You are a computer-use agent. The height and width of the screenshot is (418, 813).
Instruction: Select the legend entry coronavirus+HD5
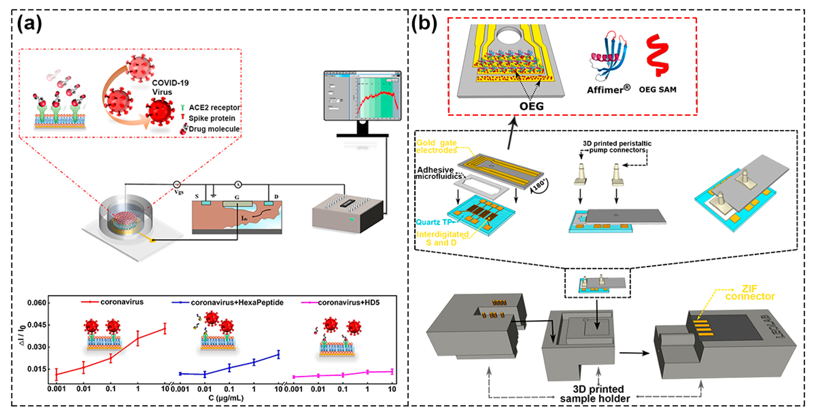(348, 303)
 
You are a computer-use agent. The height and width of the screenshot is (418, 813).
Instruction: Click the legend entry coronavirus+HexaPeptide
(237, 303)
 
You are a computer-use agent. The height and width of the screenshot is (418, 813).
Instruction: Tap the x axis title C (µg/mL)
(226, 398)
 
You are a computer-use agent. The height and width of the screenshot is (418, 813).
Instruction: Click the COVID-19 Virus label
(170, 87)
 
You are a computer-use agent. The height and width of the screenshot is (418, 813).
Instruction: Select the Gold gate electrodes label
(436, 147)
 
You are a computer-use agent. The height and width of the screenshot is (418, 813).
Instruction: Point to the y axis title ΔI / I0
(22, 335)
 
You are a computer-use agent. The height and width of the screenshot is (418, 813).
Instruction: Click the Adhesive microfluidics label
(437, 173)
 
